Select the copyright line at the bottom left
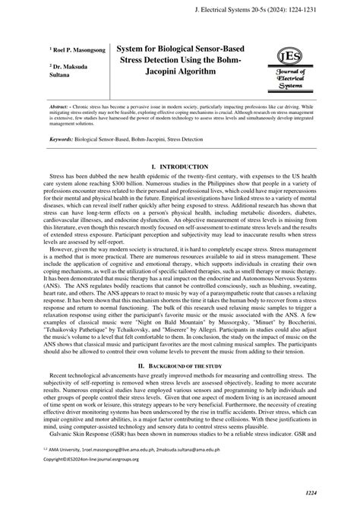(76, 481)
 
